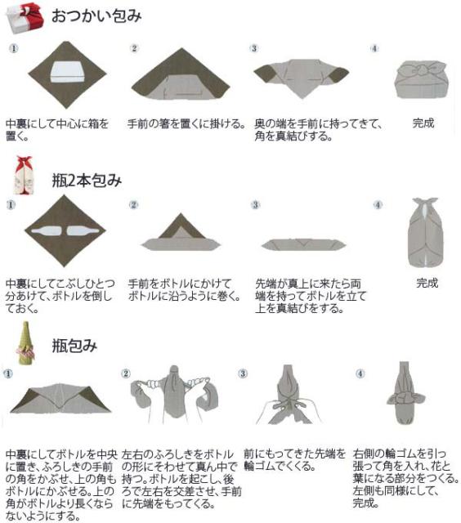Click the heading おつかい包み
[96, 16]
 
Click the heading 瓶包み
[75, 345]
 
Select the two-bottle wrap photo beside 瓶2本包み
[21, 176]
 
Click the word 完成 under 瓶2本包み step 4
[427, 284]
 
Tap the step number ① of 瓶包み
[11, 373]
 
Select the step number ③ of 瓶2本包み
[255, 204]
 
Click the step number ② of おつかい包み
[134, 48]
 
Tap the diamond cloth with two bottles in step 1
[65, 231]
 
